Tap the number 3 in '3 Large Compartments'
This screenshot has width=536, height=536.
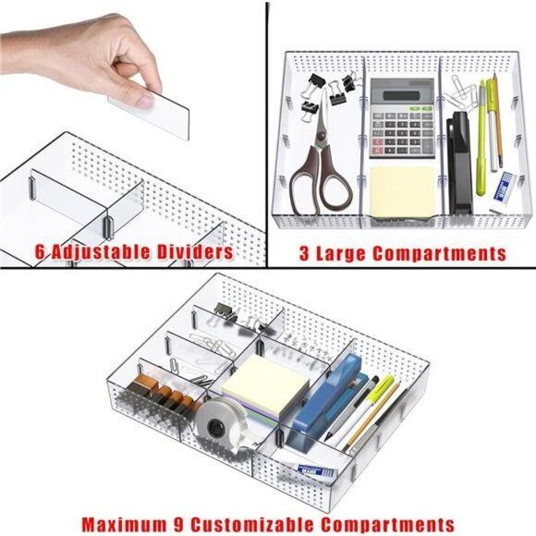coord(304,252)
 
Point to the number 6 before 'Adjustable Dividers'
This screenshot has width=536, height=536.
coord(41,251)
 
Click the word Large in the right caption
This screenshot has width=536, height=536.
coord(343,252)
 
